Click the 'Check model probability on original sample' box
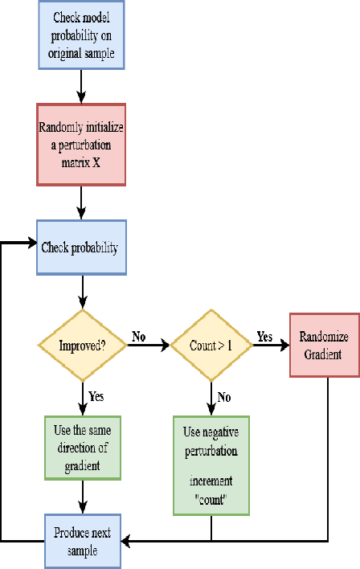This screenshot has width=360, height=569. pyautogui.click(x=83, y=35)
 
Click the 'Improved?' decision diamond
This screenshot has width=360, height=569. pyautogui.click(x=83, y=346)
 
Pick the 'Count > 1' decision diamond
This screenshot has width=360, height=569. pyautogui.click(x=211, y=346)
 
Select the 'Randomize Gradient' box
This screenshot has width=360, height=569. pyautogui.click(x=323, y=343)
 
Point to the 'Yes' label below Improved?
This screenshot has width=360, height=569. pyautogui.click(x=96, y=374)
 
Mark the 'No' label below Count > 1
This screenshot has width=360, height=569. pyautogui.click(x=224, y=375)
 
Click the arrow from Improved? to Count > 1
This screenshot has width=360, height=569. pyautogui.click(x=149, y=346)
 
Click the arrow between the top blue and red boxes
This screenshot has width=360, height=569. pyautogui.click(x=83, y=85)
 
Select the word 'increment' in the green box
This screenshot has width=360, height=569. pyautogui.click(x=211, y=483)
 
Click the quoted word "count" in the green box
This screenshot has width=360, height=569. pyautogui.click(x=211, y=498)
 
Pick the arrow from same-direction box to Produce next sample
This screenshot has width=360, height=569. pyautogui.click(x=83, y=497)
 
